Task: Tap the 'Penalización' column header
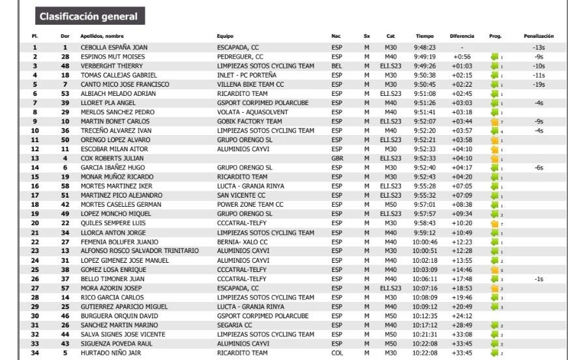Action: [538, 36]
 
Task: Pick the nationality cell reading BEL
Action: [336, 66]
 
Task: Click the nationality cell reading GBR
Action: [336, 158]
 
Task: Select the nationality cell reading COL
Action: [336, 353]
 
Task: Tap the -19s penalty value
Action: [538, 84]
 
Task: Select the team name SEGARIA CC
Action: [234, 325]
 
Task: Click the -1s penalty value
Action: [538, 278]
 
